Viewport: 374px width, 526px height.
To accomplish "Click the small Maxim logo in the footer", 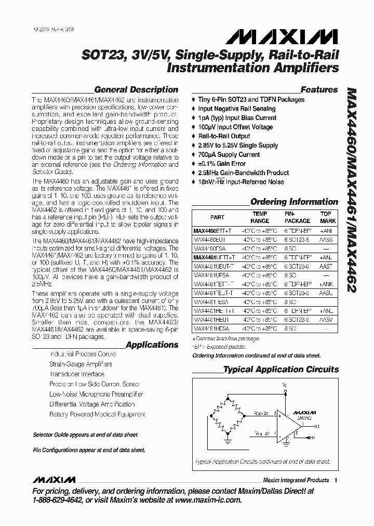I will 54,479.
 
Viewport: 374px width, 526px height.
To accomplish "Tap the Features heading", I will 319,89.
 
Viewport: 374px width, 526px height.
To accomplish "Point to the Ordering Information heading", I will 294,202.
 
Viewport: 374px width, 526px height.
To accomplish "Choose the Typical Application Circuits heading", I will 280,370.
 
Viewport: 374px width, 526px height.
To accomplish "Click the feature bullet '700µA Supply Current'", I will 229,154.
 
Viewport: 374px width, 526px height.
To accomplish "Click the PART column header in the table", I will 217,217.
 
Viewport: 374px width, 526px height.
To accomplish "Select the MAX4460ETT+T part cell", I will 214,230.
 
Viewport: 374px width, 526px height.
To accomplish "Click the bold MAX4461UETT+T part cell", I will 214,257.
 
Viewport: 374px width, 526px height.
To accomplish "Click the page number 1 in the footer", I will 336,480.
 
